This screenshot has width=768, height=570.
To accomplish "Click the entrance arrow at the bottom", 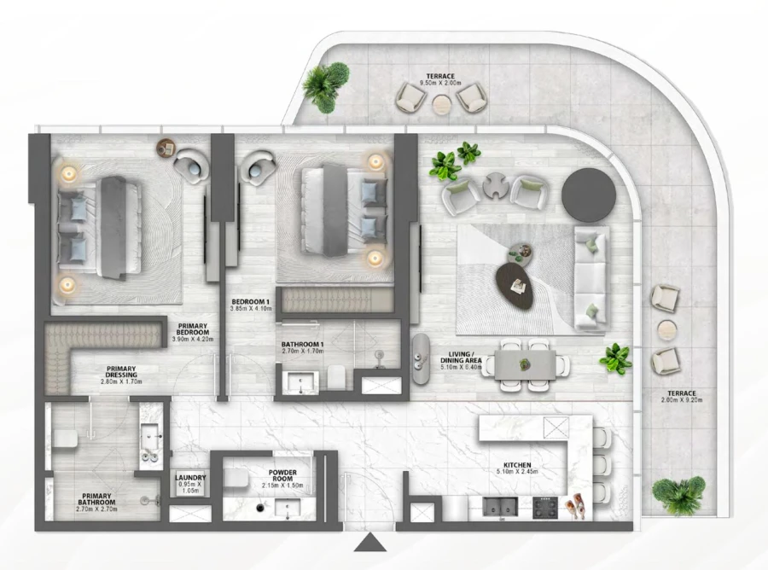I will tap(369, 544).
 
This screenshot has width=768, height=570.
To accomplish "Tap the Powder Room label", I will tap(282, 474).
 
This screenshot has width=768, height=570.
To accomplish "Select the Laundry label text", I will tap(189, 479).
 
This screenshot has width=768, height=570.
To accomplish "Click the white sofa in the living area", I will tap(590, 278).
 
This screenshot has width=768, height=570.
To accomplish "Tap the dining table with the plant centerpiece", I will tap(526, 365).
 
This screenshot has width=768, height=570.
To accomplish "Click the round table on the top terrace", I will tap(441, 104).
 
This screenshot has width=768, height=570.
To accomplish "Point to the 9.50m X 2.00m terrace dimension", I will tap(441, 84).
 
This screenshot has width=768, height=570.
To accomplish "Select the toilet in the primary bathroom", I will tap(65, 439).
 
